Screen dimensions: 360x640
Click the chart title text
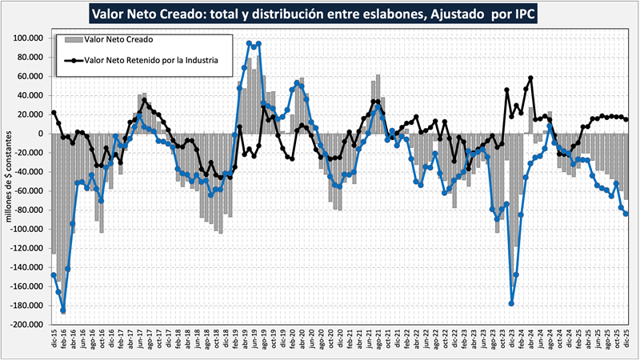coord(320,14)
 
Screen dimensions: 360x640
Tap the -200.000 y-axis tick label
coord(27,325)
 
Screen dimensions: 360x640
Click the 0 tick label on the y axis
coord(40,134)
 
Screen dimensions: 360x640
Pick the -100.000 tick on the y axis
coord(27,230)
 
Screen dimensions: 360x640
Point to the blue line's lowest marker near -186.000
coord(63,311)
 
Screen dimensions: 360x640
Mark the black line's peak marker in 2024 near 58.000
coord(530,78)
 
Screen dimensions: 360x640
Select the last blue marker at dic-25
coord(626,214)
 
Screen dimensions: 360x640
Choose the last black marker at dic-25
coord(626,120)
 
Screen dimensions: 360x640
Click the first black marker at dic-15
coord(54,113)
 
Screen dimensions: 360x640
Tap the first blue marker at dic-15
coord(54,275)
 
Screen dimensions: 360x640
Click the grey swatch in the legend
coord(71,38)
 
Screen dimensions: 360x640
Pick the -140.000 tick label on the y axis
coord(27,267)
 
